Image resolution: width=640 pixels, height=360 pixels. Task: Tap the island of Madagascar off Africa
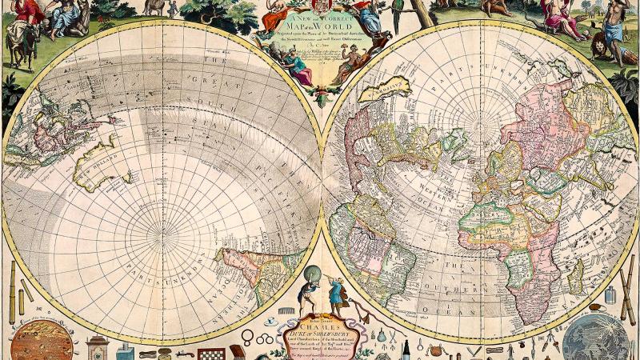click(x=575, y=276)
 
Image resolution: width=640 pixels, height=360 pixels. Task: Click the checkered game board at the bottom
click(x=210, y=353)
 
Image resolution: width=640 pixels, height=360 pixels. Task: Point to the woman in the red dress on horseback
click(x=24, y=16)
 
